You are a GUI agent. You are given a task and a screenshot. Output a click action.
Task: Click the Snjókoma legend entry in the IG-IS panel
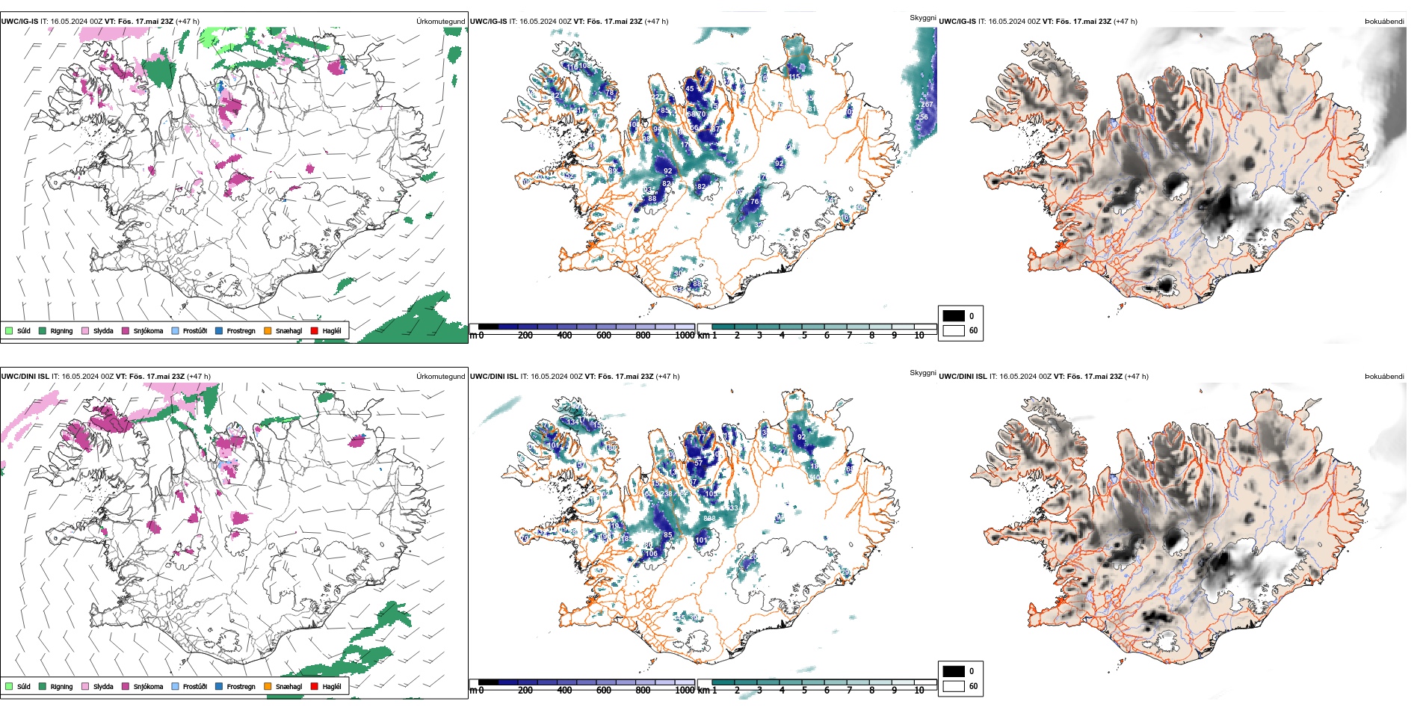tap(147, 330)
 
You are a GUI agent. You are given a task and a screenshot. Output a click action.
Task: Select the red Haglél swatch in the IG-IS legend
tap(315, 330)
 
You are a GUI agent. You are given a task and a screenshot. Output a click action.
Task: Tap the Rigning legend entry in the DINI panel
tap(61, 686)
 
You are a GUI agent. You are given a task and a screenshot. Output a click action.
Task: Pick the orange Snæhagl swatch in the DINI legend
tap(268, 686)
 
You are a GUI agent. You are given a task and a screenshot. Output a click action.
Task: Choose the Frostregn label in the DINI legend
tap(241, 686)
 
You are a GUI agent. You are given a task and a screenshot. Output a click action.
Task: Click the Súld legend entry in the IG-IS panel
tap(23, 330)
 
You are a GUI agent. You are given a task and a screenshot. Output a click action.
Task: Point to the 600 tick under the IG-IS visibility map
tap(603, 336)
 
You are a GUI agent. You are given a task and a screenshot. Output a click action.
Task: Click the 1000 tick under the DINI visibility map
tap(684, 691)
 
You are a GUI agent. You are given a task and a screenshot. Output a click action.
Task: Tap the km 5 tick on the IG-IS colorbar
tap(804, 336)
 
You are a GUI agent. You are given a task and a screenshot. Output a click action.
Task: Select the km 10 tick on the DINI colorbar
tap(919, 691)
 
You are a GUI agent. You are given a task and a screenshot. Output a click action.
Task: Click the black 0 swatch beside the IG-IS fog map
tap(954, 316)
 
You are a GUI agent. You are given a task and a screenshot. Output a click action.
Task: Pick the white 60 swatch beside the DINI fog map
tap(954, 686)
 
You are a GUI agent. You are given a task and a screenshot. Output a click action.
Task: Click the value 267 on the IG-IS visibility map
tap(927, 105)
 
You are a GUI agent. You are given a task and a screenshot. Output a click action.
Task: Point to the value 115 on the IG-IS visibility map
tap(795, 76)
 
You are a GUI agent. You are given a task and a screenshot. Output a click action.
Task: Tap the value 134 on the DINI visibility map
tap(573, 422)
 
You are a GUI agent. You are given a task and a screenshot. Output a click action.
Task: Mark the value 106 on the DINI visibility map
tap(652, 554)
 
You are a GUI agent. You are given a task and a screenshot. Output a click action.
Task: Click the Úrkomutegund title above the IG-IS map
tap(440, 22)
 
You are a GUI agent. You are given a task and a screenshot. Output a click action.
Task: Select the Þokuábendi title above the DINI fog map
tap(1384, 377)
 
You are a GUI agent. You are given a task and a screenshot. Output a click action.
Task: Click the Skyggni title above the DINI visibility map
tap(922, 372)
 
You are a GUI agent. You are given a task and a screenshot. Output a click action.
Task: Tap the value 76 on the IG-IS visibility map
tap(754, 202)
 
